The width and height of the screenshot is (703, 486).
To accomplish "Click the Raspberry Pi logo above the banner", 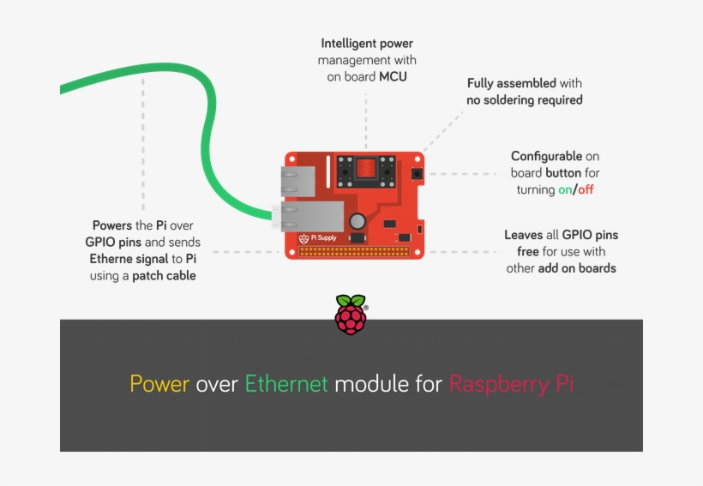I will tap(350, 314).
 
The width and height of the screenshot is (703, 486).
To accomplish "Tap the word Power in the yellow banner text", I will tap(159, 384).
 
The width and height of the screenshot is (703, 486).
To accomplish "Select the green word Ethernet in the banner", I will tap(286, 384).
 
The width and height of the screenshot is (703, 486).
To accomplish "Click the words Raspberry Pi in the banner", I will tap(511, 384).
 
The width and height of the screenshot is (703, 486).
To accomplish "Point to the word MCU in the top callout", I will tap(393, 76).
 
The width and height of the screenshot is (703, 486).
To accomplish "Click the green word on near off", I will tap(565, 189).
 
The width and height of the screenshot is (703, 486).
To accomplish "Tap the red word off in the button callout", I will tap(586, 189).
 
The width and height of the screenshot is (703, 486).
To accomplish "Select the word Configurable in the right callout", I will tap(546, 156).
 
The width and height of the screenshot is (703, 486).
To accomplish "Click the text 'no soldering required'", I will tap(524, 99).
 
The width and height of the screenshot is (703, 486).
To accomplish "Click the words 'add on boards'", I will tap(577, 267).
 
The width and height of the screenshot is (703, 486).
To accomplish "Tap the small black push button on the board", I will tap(417, 174).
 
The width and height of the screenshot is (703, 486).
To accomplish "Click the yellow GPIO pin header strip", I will tap(354, 252).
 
